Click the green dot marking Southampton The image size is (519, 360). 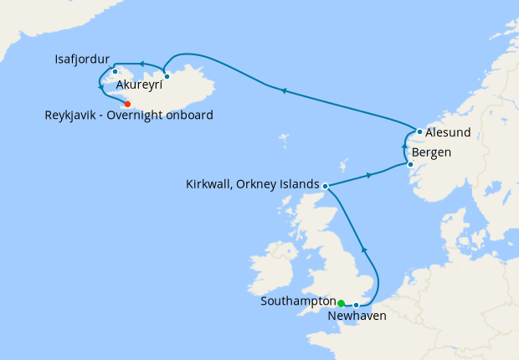341,303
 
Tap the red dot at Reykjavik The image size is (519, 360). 127,104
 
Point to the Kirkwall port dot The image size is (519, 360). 325,185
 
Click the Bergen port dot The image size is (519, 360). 410,164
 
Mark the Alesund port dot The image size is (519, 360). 419,131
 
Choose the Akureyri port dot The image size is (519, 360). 167,76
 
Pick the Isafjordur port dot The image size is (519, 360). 115,71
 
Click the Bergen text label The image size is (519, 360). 432,152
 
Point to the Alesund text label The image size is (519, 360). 448,132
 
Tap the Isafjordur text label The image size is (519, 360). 82,59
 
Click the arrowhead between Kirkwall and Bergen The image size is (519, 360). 368,176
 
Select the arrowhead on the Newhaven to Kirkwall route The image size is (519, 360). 363,249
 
